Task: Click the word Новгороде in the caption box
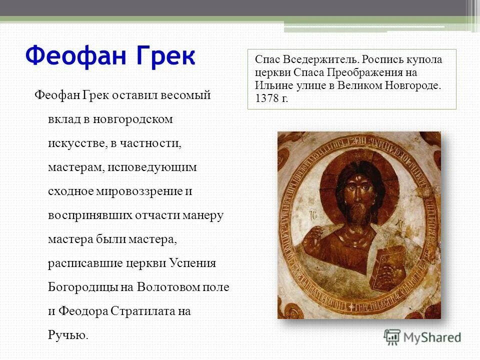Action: (x=412, y=84)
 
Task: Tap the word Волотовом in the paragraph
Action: (x=166, y=287)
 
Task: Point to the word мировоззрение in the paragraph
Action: (x=136, y=191)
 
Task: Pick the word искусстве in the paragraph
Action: (x=75, y=143)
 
